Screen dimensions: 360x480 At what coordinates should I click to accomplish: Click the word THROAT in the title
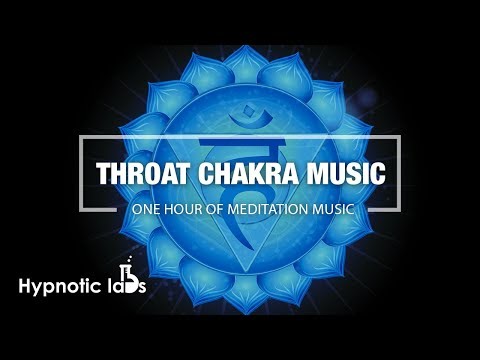[140, 172]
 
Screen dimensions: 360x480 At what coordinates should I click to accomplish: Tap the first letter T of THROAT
[104, 172]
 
